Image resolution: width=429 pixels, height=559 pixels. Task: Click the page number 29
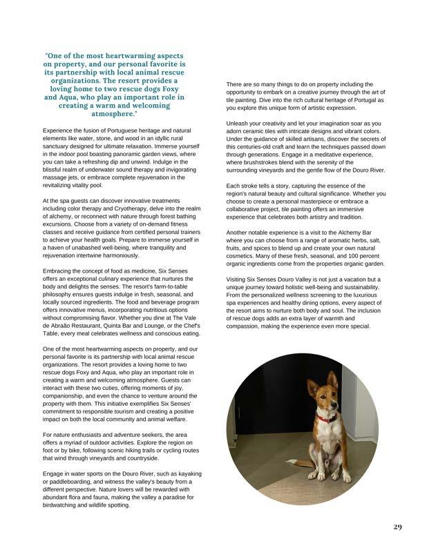397,527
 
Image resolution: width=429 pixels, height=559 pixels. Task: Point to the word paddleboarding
75,482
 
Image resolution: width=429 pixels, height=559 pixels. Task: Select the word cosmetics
242,256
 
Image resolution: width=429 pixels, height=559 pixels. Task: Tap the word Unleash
239,123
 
